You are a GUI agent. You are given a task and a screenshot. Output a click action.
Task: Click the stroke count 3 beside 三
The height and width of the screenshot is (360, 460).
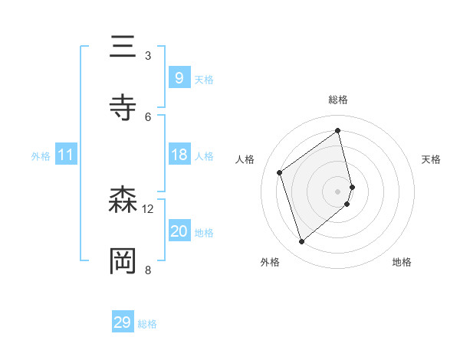[x=148, y=56]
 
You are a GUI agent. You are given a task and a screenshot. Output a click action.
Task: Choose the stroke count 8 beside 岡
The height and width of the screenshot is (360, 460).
[x=148, y=269]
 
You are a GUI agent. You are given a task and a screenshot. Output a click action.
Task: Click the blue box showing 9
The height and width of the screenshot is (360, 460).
[x=179, y=78]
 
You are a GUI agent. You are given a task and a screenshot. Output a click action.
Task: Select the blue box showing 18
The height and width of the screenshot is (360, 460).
[x=179, y=155]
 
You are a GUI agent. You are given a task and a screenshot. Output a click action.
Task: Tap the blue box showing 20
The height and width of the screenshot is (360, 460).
[x=179, y=232]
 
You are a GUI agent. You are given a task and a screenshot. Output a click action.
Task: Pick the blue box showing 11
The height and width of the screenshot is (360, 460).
[x=65, y=155]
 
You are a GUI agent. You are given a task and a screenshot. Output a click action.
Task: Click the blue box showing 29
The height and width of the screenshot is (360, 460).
[x=123, y=322]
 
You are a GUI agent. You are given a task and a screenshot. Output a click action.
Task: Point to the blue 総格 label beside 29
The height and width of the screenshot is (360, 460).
[x=147, y=324]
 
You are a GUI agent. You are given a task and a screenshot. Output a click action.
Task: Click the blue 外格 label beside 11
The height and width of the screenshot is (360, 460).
[x=41, y=156]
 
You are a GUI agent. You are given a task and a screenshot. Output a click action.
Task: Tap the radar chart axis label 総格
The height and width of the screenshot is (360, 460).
[x=338, y=100]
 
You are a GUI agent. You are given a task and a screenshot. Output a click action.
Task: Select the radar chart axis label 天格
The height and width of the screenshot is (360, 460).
[x=431, y=159]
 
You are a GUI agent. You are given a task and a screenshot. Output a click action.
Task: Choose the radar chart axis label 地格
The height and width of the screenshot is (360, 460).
[x=402, y=262]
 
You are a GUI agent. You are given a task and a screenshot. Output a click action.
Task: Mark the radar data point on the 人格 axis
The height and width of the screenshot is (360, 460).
[x=280, y=173]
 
